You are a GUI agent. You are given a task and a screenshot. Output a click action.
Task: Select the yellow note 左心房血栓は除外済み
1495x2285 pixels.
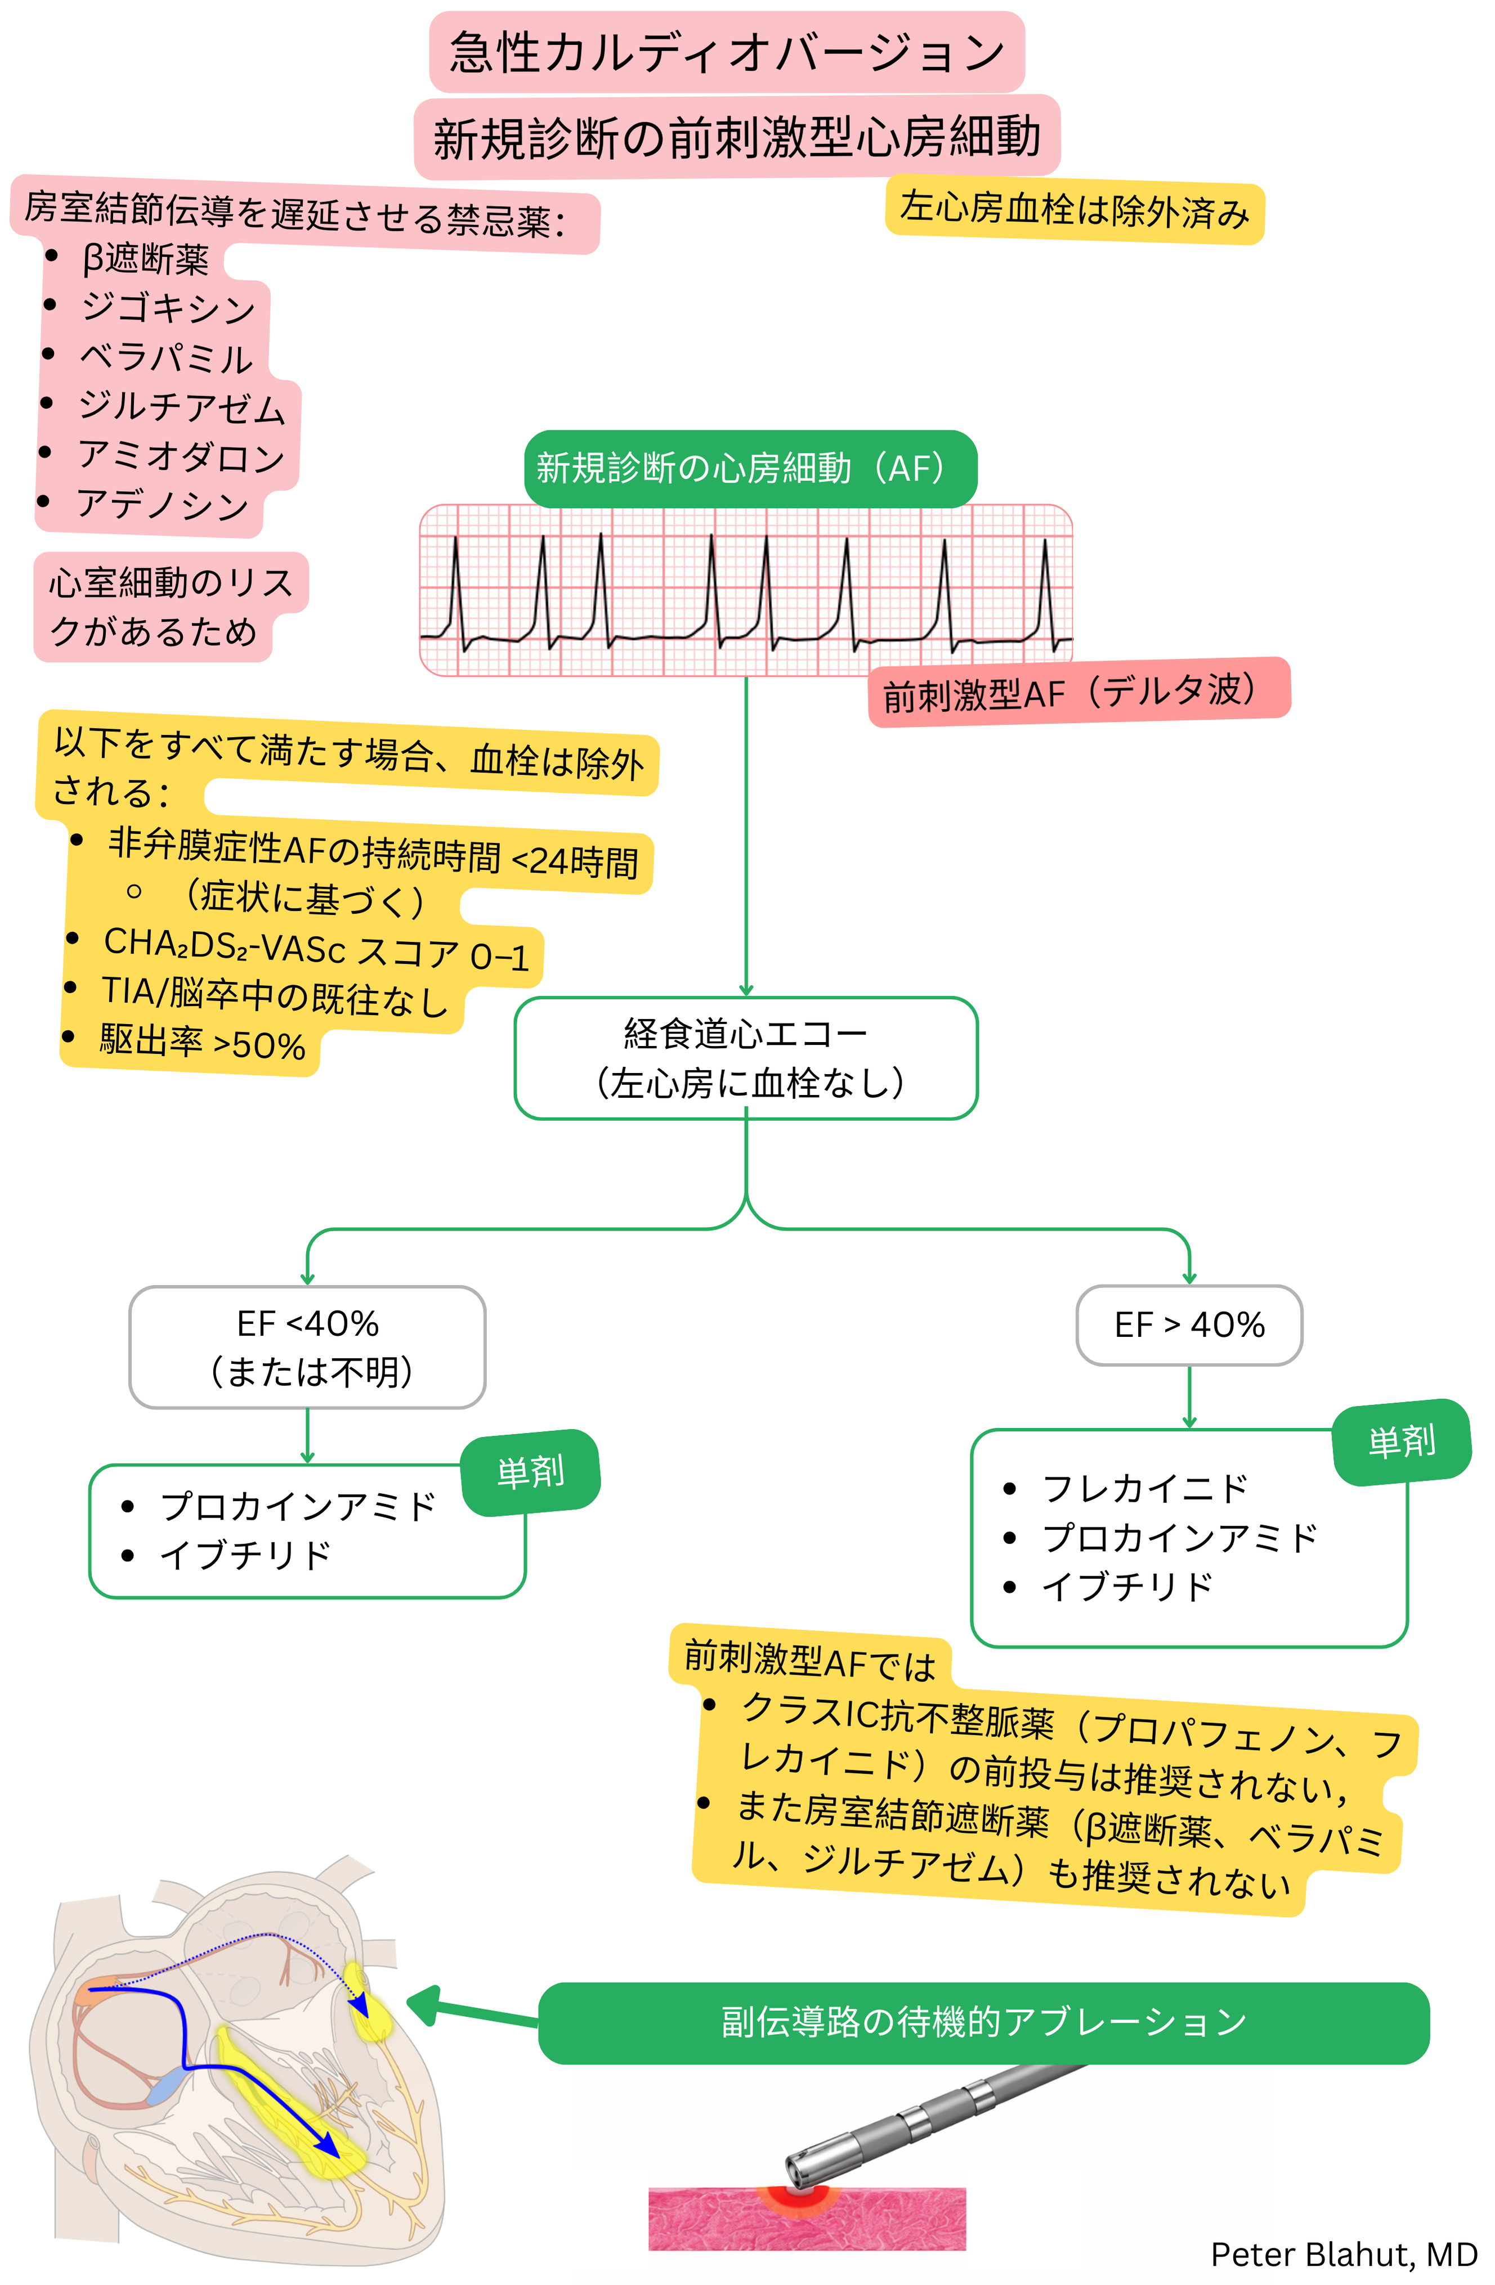pyautogui.click(x=1073, y=209)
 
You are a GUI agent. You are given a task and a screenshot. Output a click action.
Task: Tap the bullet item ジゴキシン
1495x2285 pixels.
pyautogui.click(x=168, y=307)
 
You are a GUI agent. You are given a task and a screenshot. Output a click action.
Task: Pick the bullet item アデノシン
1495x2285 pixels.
pyautogui.click(x=163, y=504)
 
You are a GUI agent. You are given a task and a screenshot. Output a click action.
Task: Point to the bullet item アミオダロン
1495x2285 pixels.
pyautogui.click(x=181, y=455)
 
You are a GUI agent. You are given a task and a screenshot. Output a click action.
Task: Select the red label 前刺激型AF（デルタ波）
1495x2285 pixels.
pyautogui.click(x=1077, y=692)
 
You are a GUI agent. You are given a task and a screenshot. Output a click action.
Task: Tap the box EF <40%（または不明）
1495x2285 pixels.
pyautogui.click(x=307, y=1346)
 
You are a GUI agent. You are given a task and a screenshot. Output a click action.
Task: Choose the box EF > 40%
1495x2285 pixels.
pyautogui.click(x=1189, y=1325)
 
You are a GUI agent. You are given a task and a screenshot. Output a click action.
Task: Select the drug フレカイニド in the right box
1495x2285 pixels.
pyautogui.click(x=1144, y=1488)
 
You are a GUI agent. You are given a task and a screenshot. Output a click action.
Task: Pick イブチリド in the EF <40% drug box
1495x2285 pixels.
pyautogui.click(x=246, y=1554)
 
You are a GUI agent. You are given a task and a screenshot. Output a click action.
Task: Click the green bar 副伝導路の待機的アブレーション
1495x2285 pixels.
pyautogui.click(x=983, y=2022)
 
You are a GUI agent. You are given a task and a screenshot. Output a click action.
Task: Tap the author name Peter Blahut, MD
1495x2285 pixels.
pyautogui.click(x=1342, y=2253)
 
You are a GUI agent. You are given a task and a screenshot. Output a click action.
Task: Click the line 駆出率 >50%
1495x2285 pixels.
pyautogui.click(x=202, y=1044)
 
